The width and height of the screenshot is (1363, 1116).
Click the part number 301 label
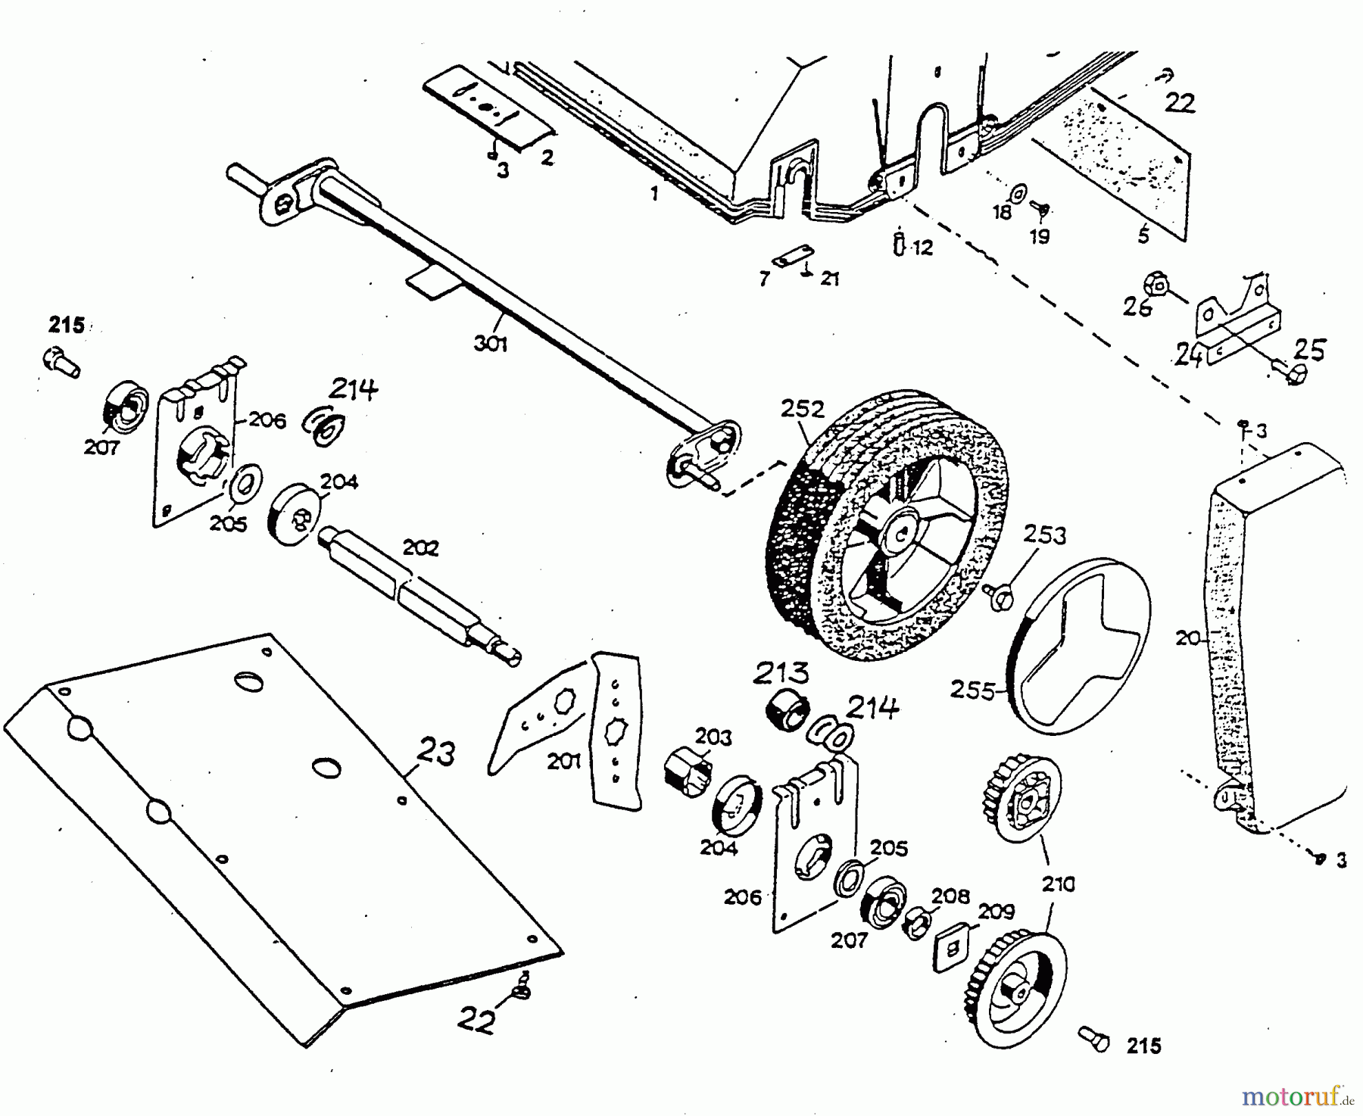point(491,344)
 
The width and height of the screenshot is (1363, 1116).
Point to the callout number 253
point(1045,535)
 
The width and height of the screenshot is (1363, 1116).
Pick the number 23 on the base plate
point(436,755)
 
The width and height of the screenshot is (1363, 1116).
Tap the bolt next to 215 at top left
point(61,361)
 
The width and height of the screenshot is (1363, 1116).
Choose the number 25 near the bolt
point(1310,350)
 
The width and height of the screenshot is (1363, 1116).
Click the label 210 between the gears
point(1058,884)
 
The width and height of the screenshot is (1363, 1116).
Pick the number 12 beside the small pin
point(923,247)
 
